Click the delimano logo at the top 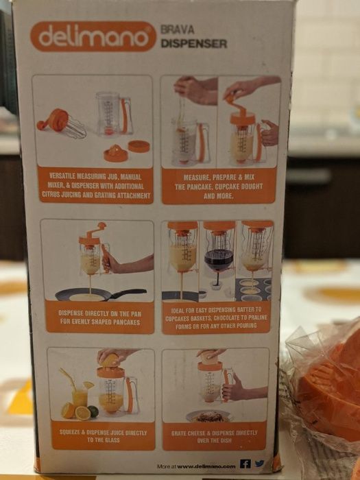pos(93,36)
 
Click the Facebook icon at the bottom pos(245,464)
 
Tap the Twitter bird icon pos(259,464)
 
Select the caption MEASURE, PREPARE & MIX pos(219,185)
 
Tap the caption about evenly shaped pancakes pos(96,320)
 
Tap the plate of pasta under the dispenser pos(209,416)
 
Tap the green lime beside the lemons pos(93,411)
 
